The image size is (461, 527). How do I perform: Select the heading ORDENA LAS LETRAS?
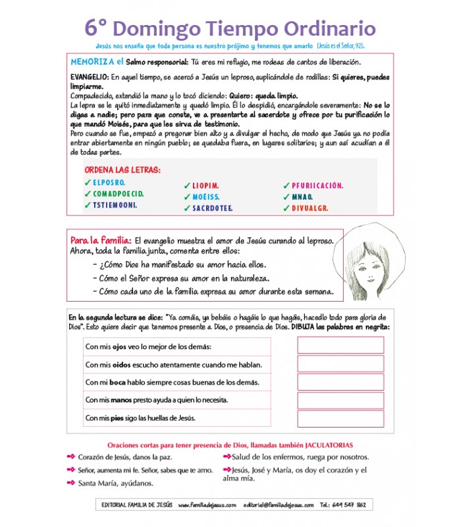[122, 170]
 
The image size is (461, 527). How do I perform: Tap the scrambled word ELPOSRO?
[109, 182]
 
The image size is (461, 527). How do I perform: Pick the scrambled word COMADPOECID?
[118, 194]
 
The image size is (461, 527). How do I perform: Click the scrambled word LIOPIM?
[205, 186]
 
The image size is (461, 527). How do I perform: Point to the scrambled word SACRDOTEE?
[213, 208]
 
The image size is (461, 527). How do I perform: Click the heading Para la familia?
[101, 241]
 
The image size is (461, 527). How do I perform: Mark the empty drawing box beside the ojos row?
[340, 346]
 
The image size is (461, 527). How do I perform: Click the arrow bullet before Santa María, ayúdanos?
[71, 483]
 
